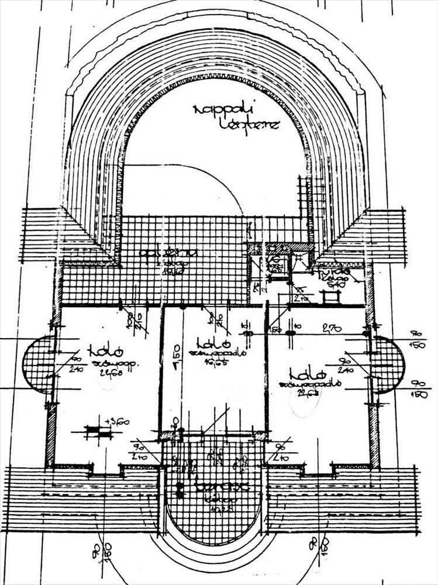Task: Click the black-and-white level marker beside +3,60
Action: click(x=98, y=432)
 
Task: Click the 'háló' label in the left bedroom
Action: click(x=105, y=352)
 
